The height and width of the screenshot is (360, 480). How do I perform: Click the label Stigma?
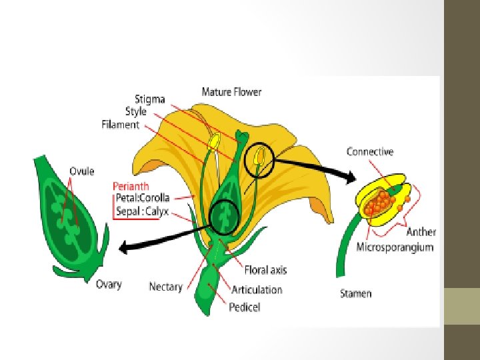pyautogui.click(x=149, y=100)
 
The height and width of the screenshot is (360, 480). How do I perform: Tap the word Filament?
pyautogui.click(x=121, y=125)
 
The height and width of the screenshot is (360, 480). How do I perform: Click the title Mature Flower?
pyautogui.click(x=232, y=93)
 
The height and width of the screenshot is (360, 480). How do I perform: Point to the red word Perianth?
pyautogui.click(x=131, y=186)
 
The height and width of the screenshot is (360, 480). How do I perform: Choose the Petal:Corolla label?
pyautogui.click(x=141, y=198)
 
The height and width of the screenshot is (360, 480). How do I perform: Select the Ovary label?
pyautogui.click(x=109, y=285)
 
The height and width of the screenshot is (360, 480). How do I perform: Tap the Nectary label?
pyautogui.click(x=165, y=287)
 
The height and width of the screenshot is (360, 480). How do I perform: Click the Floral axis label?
pyautogui.click(x=265, y=270)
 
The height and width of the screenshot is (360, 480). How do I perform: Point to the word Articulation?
pyautogui.click(x=257, y=289)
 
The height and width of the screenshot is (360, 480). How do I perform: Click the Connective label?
pyautogui.click(x=370, y=152)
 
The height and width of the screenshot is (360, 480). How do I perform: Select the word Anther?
pyautogui.click(x=421, y=232)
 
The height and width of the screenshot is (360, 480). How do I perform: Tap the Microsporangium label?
pyautogui.click(x=395, y=247)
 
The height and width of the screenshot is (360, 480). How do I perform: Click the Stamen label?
pyautogui.click(x=356, y=293)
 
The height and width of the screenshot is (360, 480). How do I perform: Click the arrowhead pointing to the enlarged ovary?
pyautogui.click(x=124, y=250)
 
